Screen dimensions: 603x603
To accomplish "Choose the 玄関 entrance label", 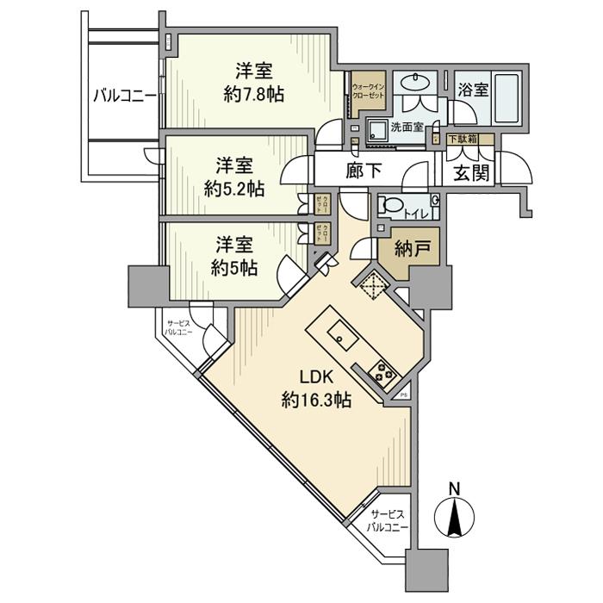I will coord(470,172).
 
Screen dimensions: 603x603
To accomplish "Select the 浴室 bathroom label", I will coord(474,90).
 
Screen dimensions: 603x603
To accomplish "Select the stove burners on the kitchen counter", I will coord(381,373).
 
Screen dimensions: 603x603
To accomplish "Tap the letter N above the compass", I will coord(456,488).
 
